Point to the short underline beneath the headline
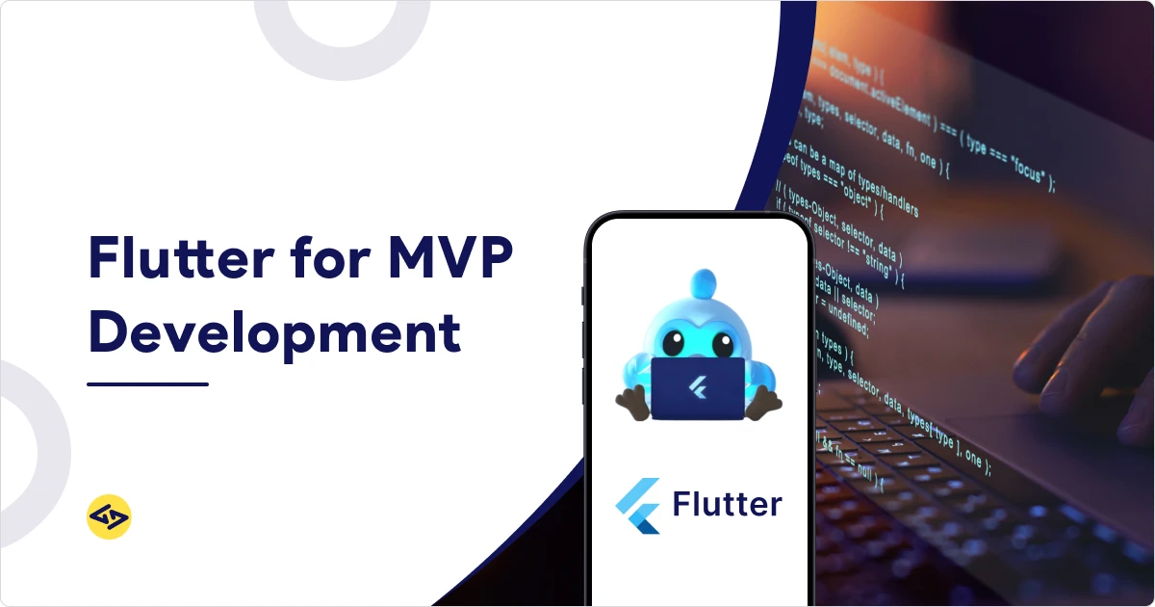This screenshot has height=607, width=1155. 147,383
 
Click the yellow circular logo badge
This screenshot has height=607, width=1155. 109,517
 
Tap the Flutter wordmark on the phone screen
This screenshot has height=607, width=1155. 727,504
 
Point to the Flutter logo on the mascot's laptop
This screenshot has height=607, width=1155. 698,388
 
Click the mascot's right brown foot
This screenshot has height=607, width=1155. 765,403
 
